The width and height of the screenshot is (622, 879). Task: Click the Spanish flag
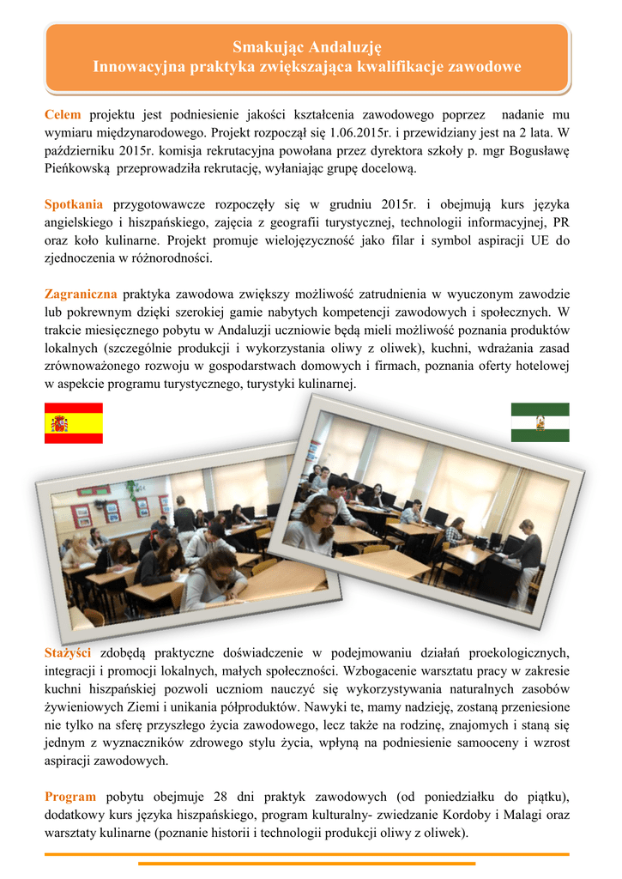(74, 423)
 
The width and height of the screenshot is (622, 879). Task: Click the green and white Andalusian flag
(540, 422)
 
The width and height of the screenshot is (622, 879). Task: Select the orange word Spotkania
(74, 204)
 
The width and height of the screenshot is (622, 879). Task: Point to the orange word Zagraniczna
(81, 294)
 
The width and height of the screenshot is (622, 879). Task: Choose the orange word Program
(70, 796)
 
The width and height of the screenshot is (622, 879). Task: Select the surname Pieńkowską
(78, 168)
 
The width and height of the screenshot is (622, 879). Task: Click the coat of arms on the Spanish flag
(60, 423)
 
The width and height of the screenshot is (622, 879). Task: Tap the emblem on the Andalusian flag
(540, 422)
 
